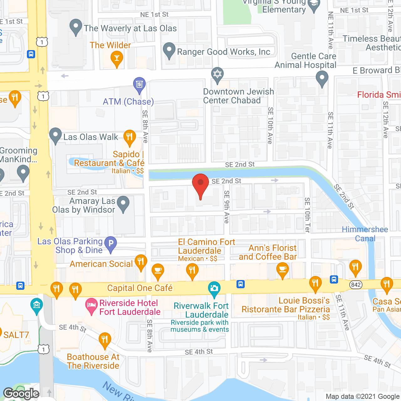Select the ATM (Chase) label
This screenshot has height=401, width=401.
128,102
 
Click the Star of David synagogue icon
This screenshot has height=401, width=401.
217,75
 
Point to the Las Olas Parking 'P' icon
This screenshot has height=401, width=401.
110,244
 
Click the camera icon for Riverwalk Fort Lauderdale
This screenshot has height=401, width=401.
214,288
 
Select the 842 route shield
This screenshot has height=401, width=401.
356,284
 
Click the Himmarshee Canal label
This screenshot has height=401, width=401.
365,234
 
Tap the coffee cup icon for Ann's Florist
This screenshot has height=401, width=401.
283,270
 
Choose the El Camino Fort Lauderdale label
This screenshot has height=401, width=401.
206,246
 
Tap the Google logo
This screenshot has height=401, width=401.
21,393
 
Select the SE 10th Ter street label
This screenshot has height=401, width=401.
307,215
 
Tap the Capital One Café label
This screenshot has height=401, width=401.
140,288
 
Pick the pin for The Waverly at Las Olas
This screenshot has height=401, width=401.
76,27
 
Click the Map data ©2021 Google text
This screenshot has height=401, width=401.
363,396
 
